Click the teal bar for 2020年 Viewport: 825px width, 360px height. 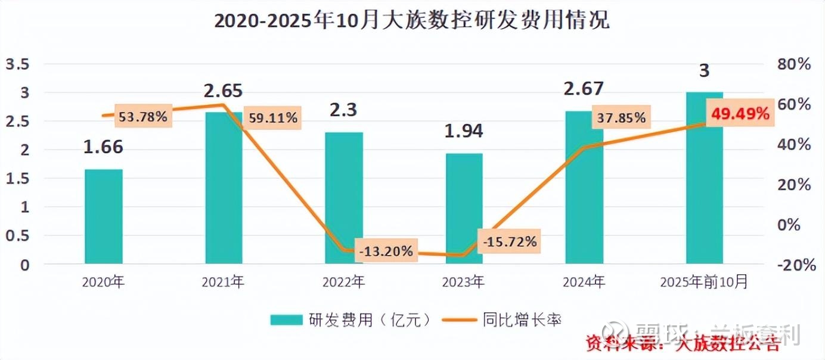click(x=104, y=216)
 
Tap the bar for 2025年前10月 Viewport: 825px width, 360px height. click(x=705, y=178)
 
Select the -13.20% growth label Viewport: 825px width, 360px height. click(x=386, y=252)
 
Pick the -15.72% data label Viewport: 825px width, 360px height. click(x=510, y=241)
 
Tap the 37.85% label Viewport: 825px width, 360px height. click(x=620, y=118)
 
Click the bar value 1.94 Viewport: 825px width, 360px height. click(x=463, y=131)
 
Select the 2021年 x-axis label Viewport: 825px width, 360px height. click(x=223, y=281)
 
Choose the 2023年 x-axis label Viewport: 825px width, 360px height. click(x=463, y=281)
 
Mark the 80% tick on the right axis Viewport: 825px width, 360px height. click(x=795, y=64)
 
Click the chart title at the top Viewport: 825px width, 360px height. click(x=412, y=21)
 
